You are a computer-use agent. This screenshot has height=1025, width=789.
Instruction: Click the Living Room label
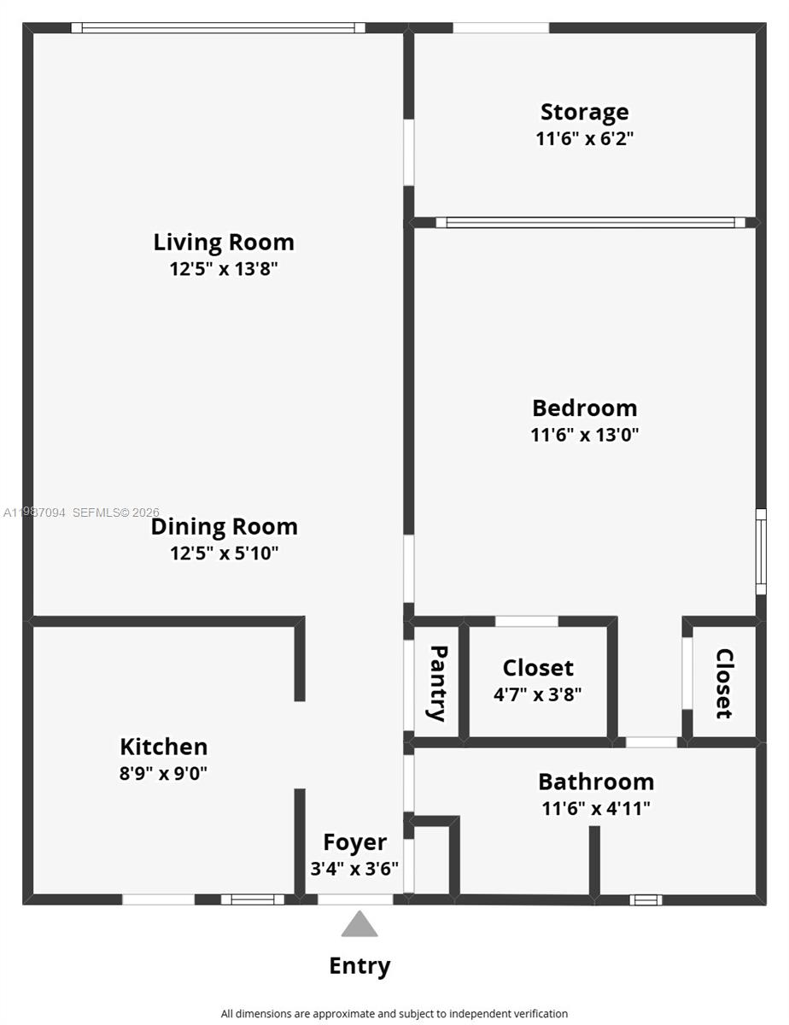(x=224, y=242)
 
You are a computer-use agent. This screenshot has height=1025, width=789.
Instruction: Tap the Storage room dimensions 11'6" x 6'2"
(x=585, y=138)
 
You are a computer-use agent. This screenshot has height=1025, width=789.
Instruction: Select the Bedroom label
(x=585, y=407)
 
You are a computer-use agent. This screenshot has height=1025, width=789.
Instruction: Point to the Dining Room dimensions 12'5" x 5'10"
(x=225, y=553)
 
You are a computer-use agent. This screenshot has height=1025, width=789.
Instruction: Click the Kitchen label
(x=164, y=747)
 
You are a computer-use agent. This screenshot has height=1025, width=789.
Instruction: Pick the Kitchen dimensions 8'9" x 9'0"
(x=164, y=774)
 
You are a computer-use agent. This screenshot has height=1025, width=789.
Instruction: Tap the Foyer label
(x=354, y=842)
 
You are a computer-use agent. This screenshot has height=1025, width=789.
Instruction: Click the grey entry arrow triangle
(x=359, y=925)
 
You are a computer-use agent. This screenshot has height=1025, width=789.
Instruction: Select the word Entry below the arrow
(x=359, y=966)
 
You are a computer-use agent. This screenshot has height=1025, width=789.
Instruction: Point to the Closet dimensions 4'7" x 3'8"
(x=538, y=694)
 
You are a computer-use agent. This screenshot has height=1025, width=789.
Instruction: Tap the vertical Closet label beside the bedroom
(x=724, y=683)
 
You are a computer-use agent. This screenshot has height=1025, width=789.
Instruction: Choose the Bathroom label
(x=596, y=782)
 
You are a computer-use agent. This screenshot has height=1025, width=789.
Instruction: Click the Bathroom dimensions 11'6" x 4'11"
(x=596, y=808)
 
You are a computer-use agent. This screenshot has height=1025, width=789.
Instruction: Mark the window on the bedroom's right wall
(x=760, y=552)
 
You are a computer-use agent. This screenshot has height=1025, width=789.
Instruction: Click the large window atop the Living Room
(x=219, y=28)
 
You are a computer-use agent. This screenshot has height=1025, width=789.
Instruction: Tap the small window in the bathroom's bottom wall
(x=646, y=899)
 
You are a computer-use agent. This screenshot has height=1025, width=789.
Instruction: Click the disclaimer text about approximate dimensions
(x=394, y=1014)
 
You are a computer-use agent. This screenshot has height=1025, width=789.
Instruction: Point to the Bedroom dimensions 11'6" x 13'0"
(x=585, y=435)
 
